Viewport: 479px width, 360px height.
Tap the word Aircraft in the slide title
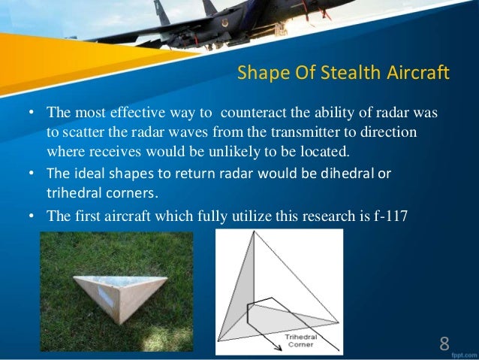pos(412,74)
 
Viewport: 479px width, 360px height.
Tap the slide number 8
pos(444,344)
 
